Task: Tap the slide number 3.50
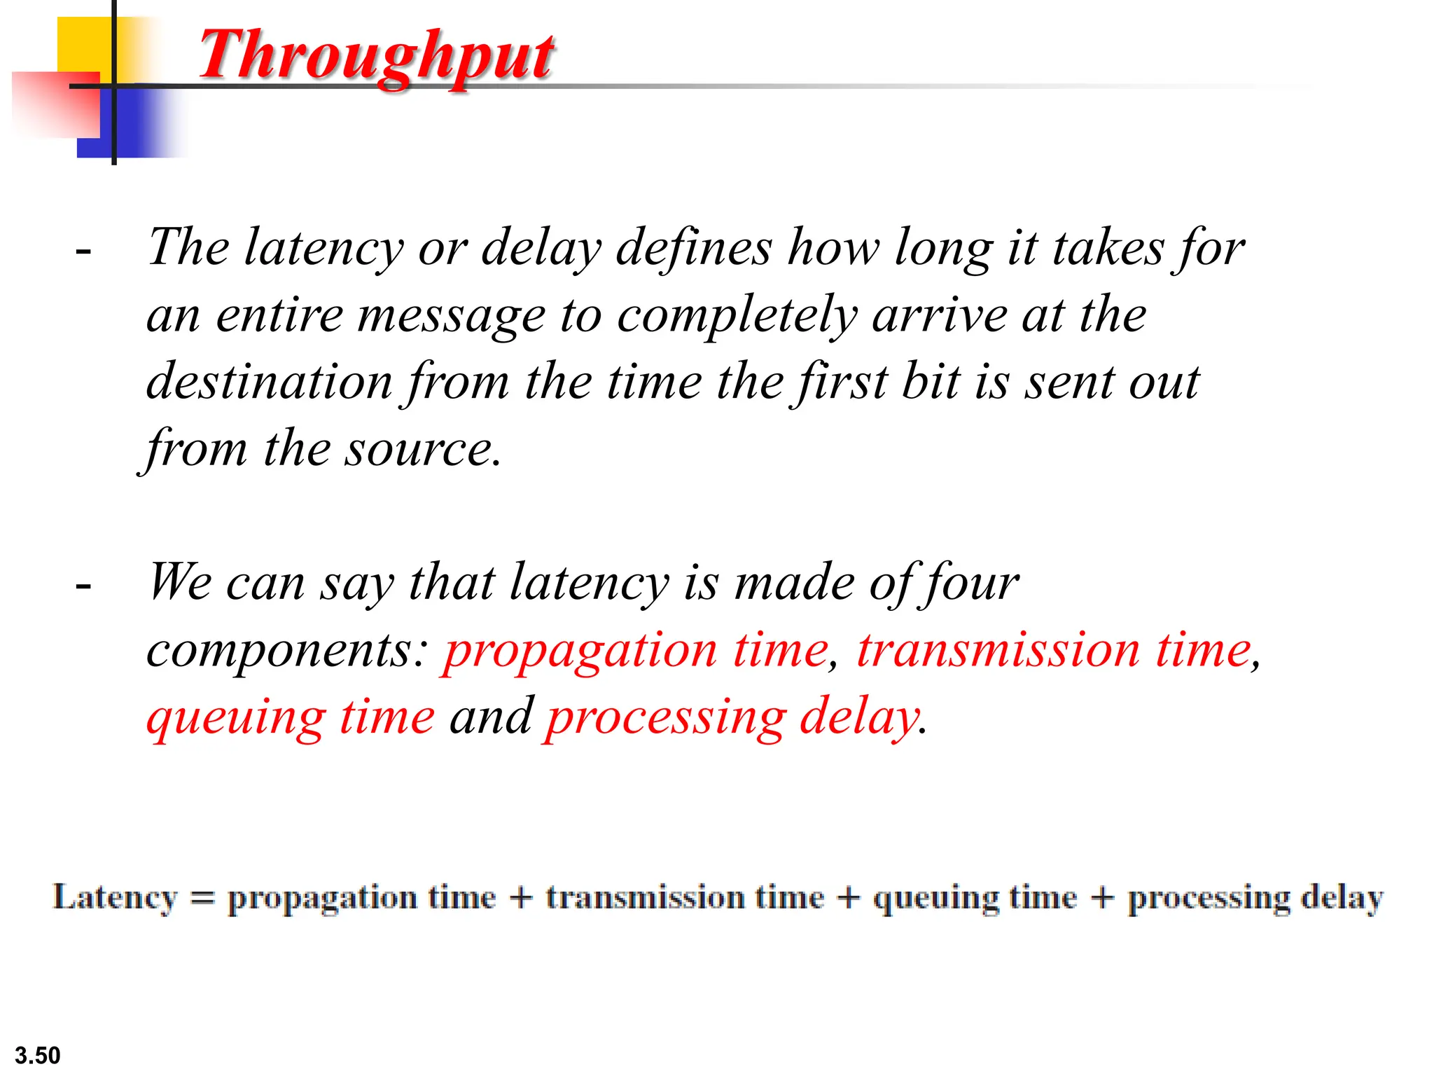point(38,1055)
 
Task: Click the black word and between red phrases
point(491,717)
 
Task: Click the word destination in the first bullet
point(270,382)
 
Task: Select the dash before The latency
point(83,251)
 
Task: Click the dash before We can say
point(83,585)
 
